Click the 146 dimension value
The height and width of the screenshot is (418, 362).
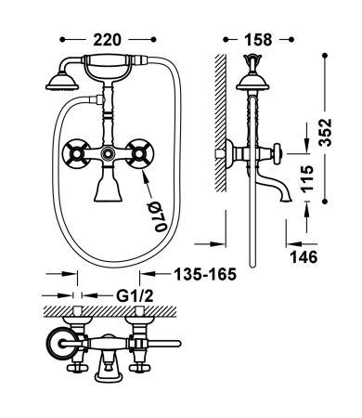pyautogui.click(x=305, y=255)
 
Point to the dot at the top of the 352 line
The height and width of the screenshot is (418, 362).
pyautogui.click(x=326, y=55)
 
